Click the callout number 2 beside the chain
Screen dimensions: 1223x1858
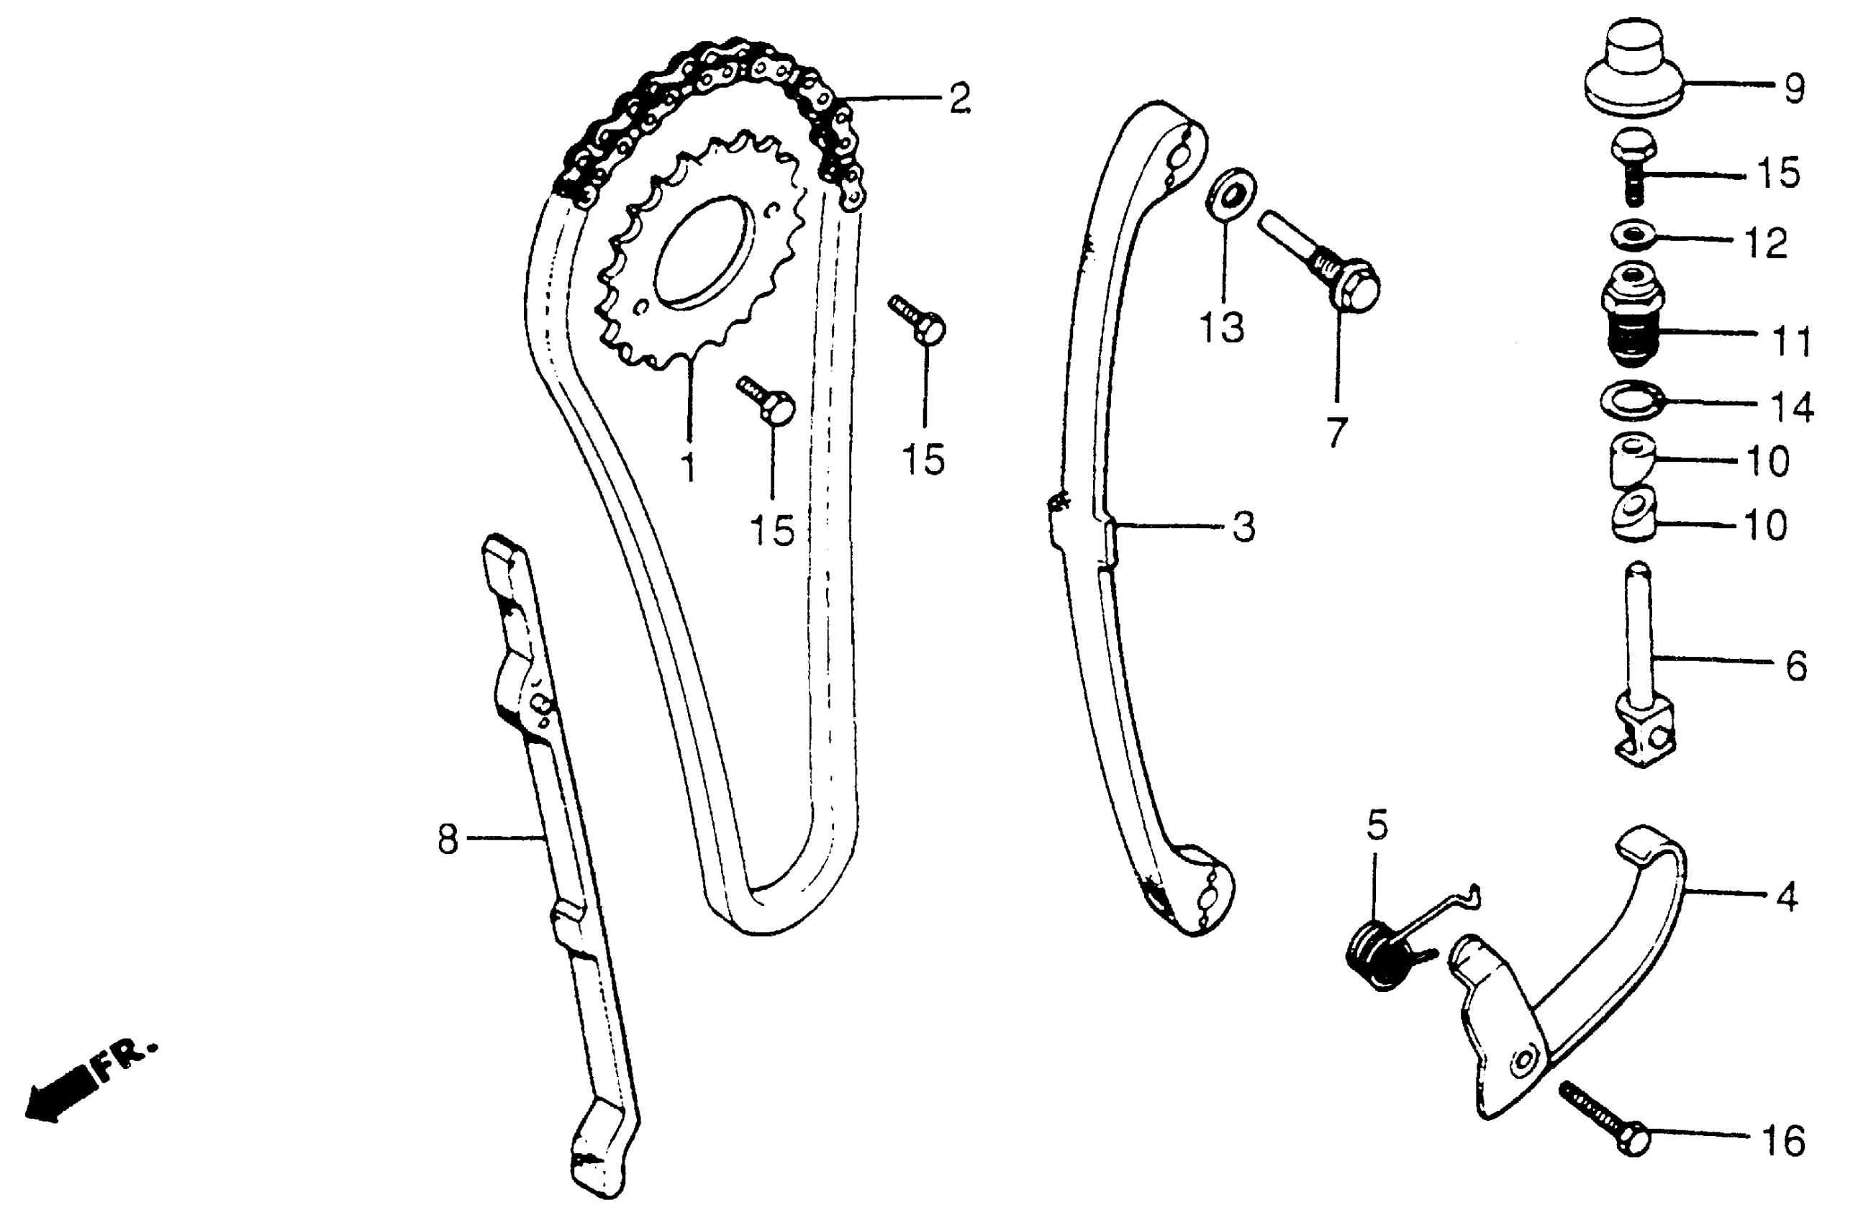[x=959, y=99]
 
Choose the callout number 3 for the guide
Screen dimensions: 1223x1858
[x=1243, y=527]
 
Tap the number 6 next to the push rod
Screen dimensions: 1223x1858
[x=1796, y=665]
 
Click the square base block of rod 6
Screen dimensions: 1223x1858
[x=1644, y=734]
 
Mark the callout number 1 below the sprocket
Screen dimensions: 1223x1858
[x=688, y=467]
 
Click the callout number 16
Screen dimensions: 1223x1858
[x=1784, y=1141]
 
